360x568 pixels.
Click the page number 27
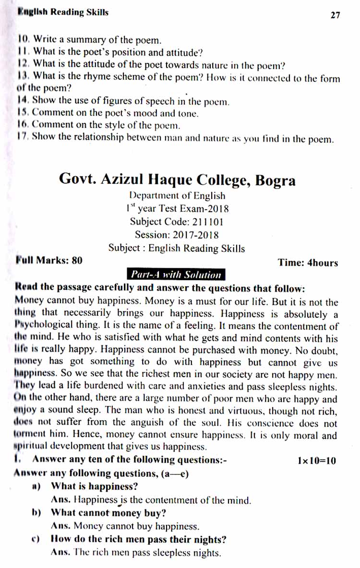(x=335, y=15)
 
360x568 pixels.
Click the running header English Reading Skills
(x=62, y=12)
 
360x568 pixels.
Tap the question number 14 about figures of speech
(x=22, y=101)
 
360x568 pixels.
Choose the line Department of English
(x=177, y=196)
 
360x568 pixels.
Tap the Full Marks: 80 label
(x=49, y=260)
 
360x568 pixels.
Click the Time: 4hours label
(x=307, y=262)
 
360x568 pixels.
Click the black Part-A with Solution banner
(x=175, y=275)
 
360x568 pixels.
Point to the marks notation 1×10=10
(x=316, y=461)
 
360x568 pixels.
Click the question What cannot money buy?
(x=108, y=512)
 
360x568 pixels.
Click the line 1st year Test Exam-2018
(x=177, y=209)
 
